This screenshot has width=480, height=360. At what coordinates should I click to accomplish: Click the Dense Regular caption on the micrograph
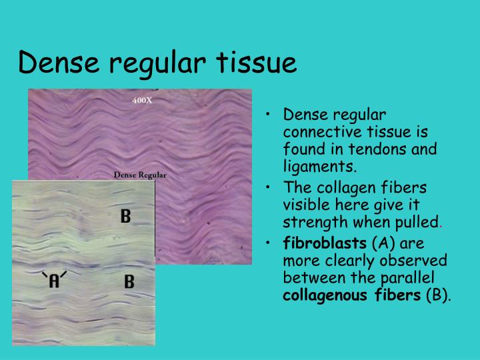click(140, 175)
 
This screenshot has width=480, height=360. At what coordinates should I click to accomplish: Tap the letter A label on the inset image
click(55, 281)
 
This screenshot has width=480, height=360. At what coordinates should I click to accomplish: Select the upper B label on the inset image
click(125, 216)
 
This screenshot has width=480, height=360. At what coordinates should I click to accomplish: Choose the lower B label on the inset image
click(129, 281)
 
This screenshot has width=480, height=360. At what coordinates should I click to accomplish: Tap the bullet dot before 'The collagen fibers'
click(267, 189)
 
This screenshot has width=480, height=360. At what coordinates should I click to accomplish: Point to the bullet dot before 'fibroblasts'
click(267, 245)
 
